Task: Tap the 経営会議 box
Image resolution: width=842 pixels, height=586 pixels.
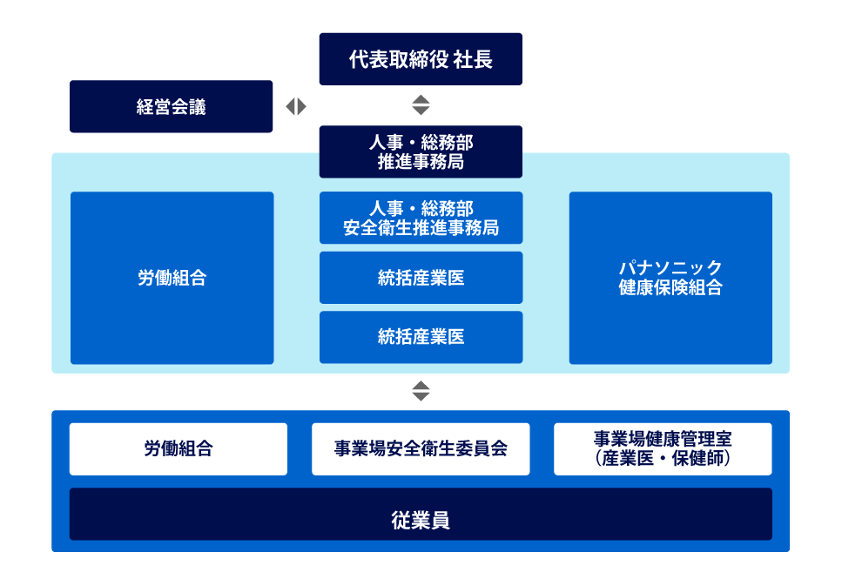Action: (171, 107)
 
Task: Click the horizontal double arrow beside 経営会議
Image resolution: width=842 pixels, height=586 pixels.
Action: (296, 106)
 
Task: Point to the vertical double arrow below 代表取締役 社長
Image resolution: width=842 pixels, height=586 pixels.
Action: (421, 105)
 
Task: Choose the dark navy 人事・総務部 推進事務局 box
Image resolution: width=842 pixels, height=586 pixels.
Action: (421, 152)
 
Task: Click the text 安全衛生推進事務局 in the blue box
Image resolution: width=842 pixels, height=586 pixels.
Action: (421, 229)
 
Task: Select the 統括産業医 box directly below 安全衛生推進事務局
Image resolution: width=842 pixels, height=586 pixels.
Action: (421, 278)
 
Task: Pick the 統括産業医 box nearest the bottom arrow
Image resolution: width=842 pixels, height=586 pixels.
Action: (421, 337)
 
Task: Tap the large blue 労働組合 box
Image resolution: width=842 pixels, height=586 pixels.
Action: (172, 278)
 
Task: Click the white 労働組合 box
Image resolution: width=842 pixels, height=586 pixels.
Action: (178, 449)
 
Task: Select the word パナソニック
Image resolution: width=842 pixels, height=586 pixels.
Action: (670, 267)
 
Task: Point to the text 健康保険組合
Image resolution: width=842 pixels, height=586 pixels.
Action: (670, 288)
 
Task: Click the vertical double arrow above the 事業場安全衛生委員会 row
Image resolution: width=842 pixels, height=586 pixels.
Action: (421, 391)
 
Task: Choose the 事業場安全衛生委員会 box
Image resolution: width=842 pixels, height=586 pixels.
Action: (421, 449)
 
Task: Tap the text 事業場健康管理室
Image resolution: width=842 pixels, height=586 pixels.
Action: (663, 439)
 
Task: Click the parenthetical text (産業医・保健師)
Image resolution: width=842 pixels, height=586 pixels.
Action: (663, 459)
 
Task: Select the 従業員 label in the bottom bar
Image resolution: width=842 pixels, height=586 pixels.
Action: (421, 521)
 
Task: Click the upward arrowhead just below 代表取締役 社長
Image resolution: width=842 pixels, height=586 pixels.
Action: (421, 99)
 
